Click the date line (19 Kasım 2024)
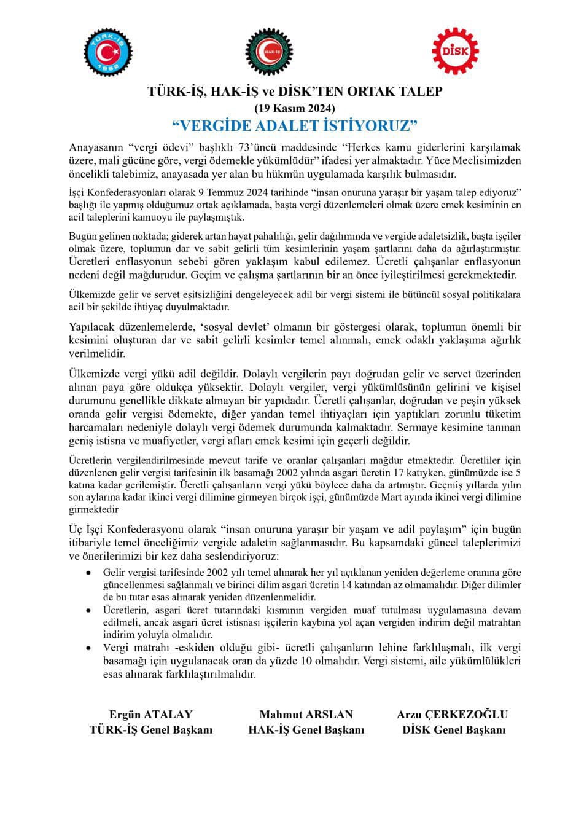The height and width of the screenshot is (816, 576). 295,108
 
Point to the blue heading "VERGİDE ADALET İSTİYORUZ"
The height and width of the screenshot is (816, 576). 295,126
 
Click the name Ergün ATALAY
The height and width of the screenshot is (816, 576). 150,714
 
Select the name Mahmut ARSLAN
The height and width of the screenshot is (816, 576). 306,714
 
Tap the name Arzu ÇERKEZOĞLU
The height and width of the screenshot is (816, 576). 453,714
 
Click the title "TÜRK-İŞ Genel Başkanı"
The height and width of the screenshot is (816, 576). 151,729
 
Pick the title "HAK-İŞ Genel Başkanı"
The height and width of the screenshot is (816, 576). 306,729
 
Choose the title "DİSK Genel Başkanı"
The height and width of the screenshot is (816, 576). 454,729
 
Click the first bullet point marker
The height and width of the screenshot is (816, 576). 89,573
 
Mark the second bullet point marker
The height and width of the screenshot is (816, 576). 89,610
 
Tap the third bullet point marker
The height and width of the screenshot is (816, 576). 89,648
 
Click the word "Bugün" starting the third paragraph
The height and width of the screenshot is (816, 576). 81,236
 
